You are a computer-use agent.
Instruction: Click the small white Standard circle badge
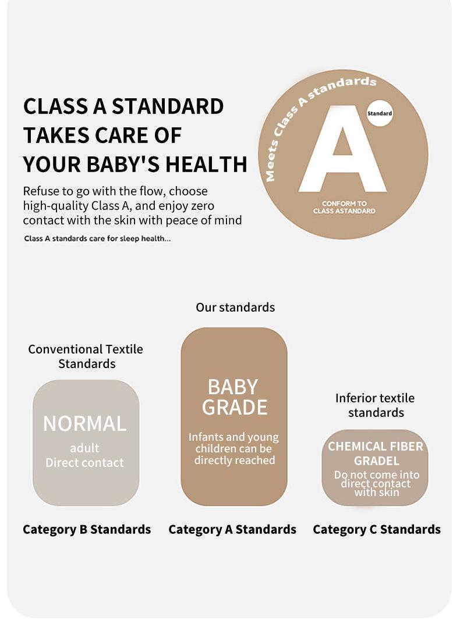(x=380, y=113)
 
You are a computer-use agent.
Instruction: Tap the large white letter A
(x=343, y=149)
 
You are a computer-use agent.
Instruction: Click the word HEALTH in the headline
(x=206, y=164)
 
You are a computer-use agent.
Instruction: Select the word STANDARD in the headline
(x=168, y=106)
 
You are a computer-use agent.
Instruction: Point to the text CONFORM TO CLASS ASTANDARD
(x=344, y=207)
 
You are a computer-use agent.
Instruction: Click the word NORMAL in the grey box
(x=84, y=424)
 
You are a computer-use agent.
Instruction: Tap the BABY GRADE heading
(x=234, y=397)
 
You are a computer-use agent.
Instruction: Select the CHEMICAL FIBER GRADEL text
(x=376, y=454)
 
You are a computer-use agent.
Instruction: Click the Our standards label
(x=235, y=307)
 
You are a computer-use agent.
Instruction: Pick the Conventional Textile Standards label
(x=86, y=356)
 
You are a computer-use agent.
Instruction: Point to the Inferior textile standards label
(x=376, y=405)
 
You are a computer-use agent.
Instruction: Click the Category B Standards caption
(x=87, y=530)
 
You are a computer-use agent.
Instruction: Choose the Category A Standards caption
(x=232, y=530)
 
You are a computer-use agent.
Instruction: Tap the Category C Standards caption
(x=377, y=530)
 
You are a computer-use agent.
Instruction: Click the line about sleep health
(x=97, y=238)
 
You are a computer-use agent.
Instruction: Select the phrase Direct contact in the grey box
(x=84, y=463)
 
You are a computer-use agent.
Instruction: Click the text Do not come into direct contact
(x=376, y=479)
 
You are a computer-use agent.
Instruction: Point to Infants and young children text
(x=234, y=443)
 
